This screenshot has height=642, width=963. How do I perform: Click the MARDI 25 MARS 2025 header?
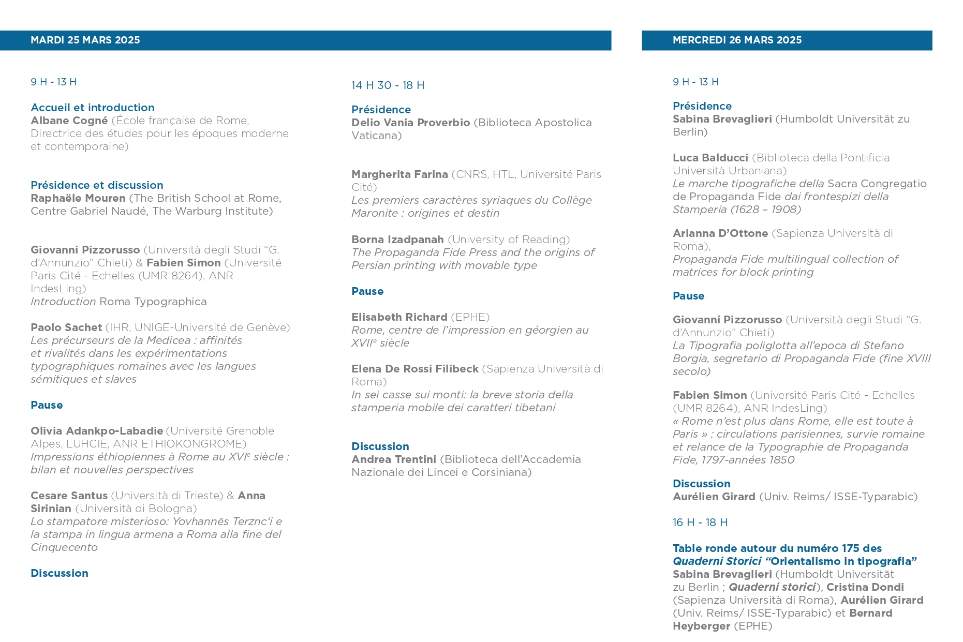tap(85, 40)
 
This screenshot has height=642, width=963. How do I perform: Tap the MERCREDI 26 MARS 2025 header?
tap(737, 40)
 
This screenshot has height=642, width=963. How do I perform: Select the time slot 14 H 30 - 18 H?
tap(388, 85)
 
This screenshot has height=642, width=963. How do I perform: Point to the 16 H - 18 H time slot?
tap(700, 522)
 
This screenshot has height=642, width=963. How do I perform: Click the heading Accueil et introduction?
tap(93, 108)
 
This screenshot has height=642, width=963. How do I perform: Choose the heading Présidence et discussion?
tap(97, 185)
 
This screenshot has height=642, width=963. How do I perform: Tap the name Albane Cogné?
tap(69, 121)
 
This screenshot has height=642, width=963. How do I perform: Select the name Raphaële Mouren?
tap(78, 198)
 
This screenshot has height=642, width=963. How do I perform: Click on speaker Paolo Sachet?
tap(66, 327)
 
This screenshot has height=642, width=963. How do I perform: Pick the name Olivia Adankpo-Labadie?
tap(97, 431)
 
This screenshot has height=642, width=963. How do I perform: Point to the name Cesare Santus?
tap(69, 496)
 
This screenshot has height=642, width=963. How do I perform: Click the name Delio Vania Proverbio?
tap(410, 123)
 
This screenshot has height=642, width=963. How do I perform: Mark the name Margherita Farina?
tap(399, 174)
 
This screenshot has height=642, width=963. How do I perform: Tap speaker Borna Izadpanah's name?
tap(397, 240)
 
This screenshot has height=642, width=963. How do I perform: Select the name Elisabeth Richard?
tap(399, 317)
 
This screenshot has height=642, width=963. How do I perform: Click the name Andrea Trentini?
tap(394, 459)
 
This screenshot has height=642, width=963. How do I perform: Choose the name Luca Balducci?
tap(710, 158)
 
